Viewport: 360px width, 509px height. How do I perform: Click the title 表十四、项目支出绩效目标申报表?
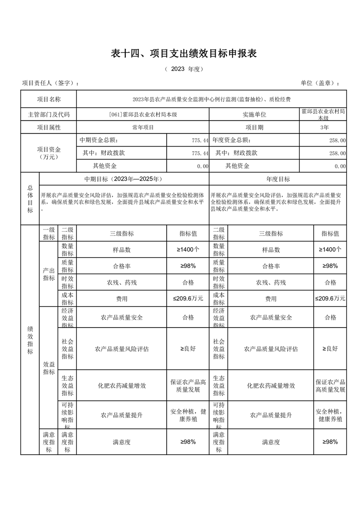tap(184, 54)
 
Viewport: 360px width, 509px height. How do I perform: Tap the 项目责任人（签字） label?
tap(50, 83)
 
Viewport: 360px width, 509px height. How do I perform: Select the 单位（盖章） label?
tap(320, 83)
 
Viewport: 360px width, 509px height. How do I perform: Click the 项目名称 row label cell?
tap(49, 99)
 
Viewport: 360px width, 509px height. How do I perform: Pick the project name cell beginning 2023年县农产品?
tap(211, 99)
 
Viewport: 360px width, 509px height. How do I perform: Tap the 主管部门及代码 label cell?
tap(49, 115)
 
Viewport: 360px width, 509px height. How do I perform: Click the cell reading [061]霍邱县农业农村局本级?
tap(143, 115)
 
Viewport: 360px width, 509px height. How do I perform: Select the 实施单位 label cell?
tap(254, 115)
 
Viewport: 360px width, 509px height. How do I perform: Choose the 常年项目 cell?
tap(143, 127)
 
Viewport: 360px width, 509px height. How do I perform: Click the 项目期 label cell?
tap(254, 127)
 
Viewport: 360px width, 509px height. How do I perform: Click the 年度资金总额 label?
tap(232, 141)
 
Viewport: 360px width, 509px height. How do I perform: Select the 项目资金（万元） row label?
tap(49, 153)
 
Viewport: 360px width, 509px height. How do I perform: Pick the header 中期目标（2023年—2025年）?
tap(124, 179)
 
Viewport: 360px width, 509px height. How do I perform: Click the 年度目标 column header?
tap(278, 179)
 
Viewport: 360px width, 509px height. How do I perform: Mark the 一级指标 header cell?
tap(49, 234)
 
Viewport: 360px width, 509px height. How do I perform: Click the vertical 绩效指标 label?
tap(30, 340)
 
